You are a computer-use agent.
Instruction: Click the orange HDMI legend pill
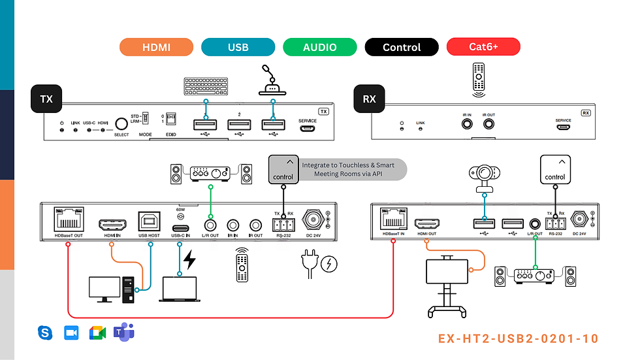click(157, 47)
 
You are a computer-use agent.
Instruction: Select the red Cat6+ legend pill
click(483, 47)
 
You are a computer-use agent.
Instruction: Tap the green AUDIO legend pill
click(320, 47)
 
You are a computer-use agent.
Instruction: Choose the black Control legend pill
click(402, 47)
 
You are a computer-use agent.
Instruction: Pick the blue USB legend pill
click(238, 47)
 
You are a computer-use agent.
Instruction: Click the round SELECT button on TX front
click(121, 124)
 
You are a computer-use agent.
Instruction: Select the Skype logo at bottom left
click(45, 333)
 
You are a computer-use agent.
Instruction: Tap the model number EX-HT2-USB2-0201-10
click(518, 338)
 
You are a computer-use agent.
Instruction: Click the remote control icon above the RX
click(479, 76)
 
